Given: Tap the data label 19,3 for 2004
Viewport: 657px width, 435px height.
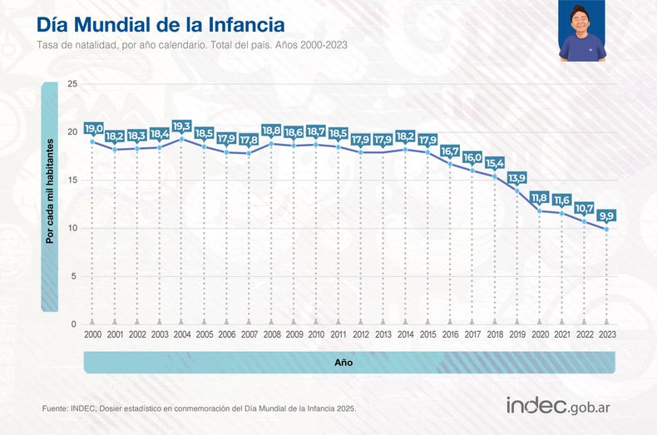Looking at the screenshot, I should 181,126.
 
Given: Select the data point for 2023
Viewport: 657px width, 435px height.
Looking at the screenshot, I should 606,229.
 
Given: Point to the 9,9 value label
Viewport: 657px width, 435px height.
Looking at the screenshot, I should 606,216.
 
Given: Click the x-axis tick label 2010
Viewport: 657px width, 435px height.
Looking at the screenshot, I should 316,334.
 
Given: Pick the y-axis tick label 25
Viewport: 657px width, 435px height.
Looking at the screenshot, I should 72,84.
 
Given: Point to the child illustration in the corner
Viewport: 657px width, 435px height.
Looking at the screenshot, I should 582,32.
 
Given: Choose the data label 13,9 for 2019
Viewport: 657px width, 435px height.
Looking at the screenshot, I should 517,178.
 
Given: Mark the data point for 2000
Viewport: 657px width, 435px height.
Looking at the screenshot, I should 92,141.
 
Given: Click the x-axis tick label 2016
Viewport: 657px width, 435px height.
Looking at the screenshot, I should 450,334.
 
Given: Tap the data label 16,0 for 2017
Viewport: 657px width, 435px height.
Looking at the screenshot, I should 472,158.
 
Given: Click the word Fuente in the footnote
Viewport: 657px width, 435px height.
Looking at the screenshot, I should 54,408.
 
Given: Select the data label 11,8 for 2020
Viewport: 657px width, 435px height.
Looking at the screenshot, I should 540,198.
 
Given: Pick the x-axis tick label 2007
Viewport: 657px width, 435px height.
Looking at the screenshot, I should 249,334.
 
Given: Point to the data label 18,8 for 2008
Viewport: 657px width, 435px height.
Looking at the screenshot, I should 271,131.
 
